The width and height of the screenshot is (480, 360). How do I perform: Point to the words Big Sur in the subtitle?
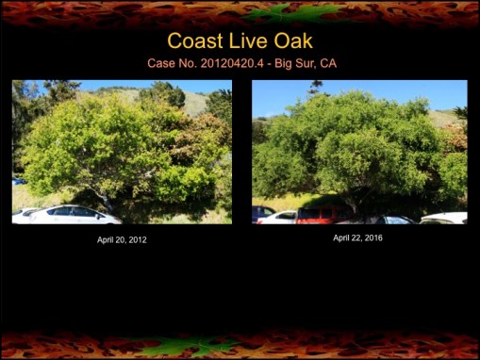[x=296, y=63]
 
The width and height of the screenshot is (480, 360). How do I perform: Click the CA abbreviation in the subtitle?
[x=328, y=63]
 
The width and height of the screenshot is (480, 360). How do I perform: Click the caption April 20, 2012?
[x=122, y=240]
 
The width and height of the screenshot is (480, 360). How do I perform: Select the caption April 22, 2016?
[x=357, y=237]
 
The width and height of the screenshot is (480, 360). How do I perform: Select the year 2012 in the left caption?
[x=137, y=240]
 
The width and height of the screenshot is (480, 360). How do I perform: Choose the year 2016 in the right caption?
[x=372, y=237]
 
